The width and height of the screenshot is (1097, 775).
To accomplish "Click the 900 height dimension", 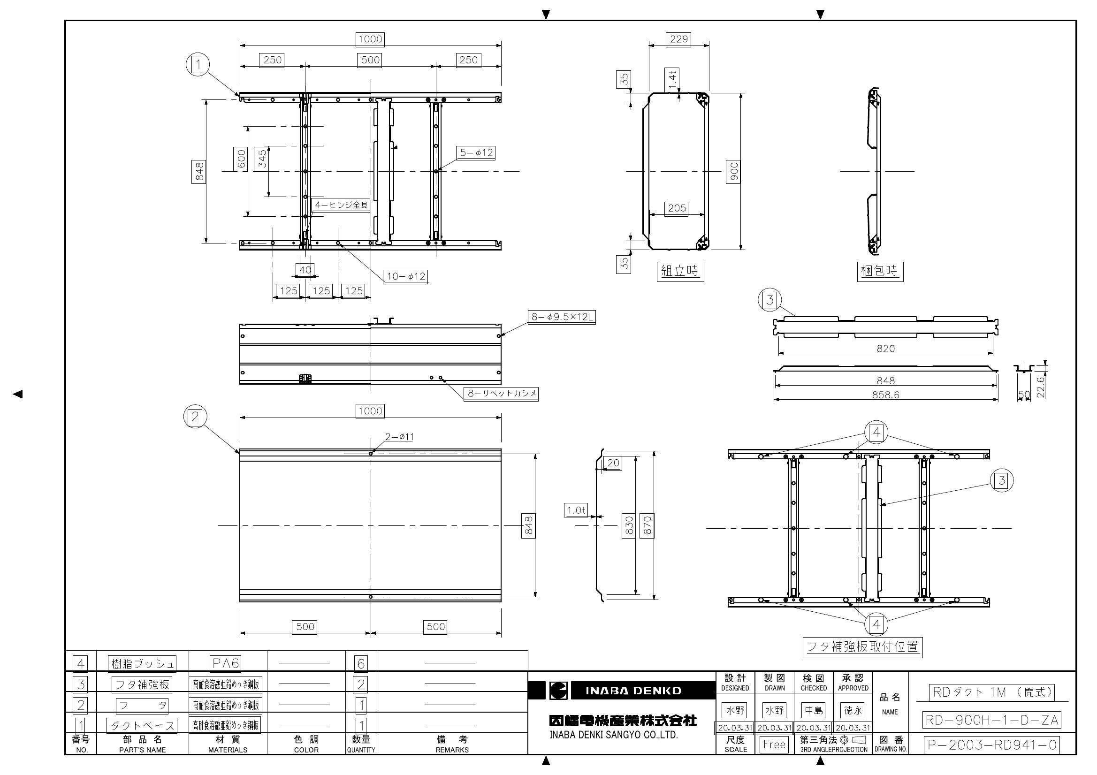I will tap(734, 172).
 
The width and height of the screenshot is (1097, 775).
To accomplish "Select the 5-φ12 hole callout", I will tap(476, 153).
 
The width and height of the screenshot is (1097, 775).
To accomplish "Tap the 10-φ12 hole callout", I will tap(406, 277).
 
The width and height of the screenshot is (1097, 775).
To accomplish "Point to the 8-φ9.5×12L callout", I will tap(563, 317).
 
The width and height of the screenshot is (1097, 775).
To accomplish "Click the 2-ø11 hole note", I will tap(399, 437).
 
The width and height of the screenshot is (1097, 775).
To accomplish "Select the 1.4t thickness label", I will tap(672, 79).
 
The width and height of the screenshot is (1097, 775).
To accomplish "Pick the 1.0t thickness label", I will tap(576, 510).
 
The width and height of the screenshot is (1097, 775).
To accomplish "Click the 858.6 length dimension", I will tap(885, 395).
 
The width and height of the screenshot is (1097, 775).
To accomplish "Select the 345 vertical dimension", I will tap(262, 160).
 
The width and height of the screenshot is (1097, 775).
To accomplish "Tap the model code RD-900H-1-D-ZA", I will tap(992, 720).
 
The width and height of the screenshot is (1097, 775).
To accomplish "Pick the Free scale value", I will tap(774, 745).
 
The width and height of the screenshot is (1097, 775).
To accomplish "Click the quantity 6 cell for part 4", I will tap(361, 663).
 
